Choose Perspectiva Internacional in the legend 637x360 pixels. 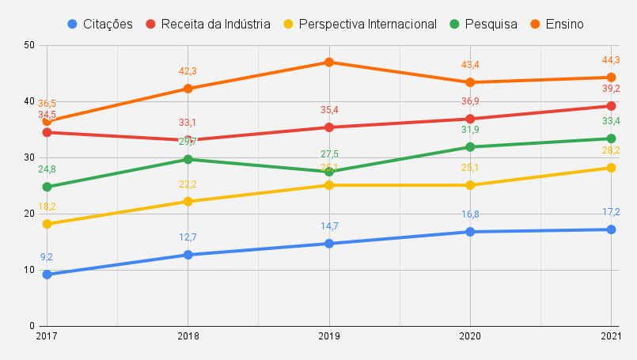pyautogui.click(x=369, y=24)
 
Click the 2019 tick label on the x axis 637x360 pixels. pyautogui.click(x=329, y=335)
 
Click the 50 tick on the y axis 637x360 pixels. pyautogui.click(x=30, y=45)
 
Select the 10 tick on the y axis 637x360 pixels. pyautogui.click(x=30, y=270)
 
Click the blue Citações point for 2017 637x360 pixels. pyautogui.click(x=47, y=274)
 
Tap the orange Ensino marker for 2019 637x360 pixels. pyautogui.click(x=329, y=62)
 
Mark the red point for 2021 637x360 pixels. pyautogui.click(x=612, y=106)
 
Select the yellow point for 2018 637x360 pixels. pyautogui.click(x=188, y=201)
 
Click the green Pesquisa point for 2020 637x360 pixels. pyautogui.click(x=470, y=146)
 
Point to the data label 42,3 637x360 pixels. pyautogui.click(x=188, y=71)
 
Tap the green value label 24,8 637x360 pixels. pyautogui.click(x=47, y=169)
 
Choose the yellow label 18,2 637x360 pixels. pyautogui.click(x=47, y=207)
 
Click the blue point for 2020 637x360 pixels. pyautogui.click(x=470, y=232)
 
